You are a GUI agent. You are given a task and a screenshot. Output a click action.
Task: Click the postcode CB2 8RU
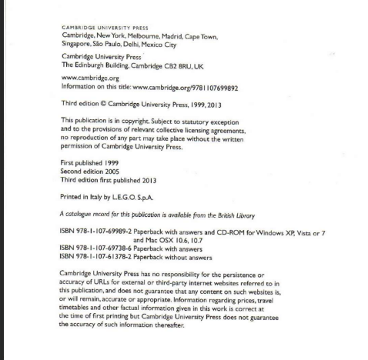click(x=184, y=65)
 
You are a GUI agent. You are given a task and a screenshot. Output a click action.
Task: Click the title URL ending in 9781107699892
click(x=196, y=86)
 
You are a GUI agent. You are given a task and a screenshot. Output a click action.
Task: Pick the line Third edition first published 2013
click(x=107, y=178)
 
